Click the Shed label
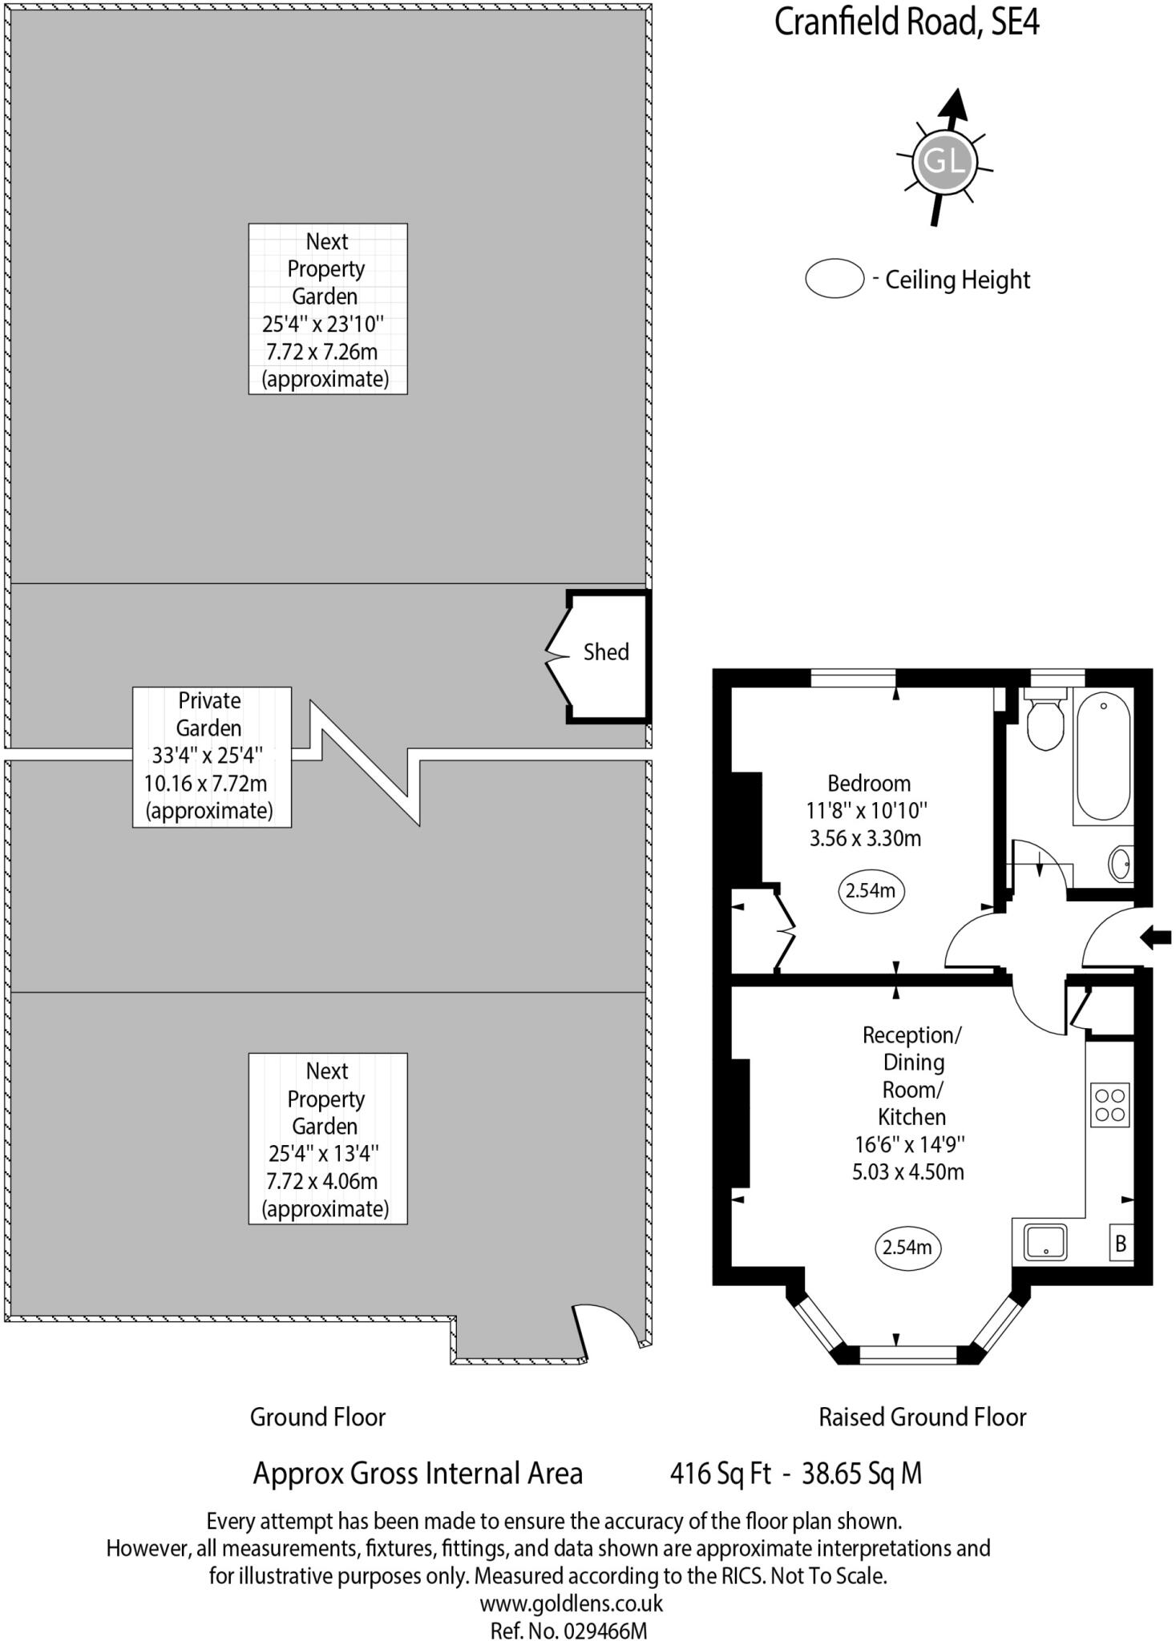point(605,652)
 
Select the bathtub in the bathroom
point(1104,757)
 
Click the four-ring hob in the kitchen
point(1110,1105)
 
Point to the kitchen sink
point(1045,1243)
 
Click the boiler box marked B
point(1121,1244)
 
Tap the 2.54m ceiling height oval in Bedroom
point(871,890)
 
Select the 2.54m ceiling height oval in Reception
point(907,1248)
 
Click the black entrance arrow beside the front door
point(1156,937)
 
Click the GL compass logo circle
point(944,162)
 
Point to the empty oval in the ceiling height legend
point(834,279)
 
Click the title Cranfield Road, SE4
point(907,22)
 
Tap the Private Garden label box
point(212,756)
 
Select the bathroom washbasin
point(1121,864)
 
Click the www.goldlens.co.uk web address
point(571,1603)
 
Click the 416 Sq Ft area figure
point(720,1473)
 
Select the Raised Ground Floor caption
point(922,1417)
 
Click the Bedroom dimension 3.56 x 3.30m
point(865,839)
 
